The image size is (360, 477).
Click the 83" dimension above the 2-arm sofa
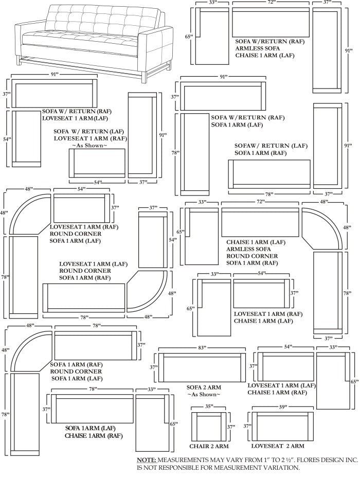tap(202, 348)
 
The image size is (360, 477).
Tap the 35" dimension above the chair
tap(209, 406)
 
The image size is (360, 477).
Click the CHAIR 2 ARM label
tap(209, 446)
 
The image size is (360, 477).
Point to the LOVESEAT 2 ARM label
tap(278, 446)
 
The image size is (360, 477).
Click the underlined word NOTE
tap(147, 460)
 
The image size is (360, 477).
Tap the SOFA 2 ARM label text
tap(204, 387)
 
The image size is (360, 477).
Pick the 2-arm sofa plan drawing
tap(202, 367)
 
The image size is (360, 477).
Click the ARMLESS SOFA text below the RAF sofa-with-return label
tap(258, 48)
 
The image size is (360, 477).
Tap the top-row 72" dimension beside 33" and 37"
tap(271, 2)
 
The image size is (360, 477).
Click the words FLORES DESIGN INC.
tap(327, 460)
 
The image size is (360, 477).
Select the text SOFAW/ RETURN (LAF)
tap(271, 146)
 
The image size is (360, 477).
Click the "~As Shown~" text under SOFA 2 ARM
tap(204, 395)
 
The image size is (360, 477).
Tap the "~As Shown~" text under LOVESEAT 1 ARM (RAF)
tap(89, 146)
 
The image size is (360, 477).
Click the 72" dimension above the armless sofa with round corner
tap(261, 202)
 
